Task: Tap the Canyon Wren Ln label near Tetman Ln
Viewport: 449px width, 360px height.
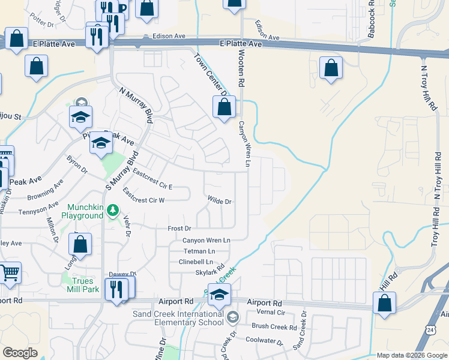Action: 206,240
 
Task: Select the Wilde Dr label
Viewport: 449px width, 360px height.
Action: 219,202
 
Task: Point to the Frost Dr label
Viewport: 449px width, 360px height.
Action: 179,229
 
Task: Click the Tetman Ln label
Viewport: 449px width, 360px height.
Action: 199,251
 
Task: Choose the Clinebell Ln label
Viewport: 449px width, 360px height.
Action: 196,262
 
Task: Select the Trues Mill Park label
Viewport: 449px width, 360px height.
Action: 83,285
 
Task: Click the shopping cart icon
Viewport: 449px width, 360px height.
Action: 10,273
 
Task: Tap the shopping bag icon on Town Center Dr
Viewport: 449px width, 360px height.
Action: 224,108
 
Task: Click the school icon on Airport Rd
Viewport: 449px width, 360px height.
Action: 220,295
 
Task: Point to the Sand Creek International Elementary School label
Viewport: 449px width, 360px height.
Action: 178,318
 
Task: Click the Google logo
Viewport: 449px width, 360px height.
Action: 20,353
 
